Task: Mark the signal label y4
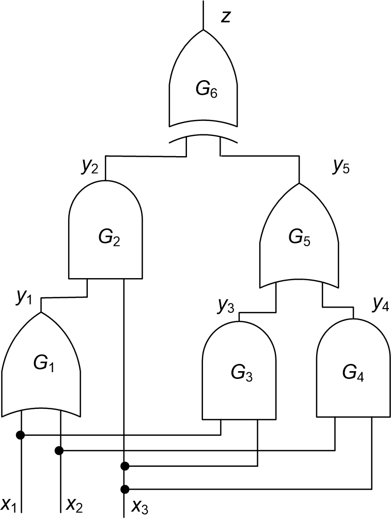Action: click(x=381, y=306)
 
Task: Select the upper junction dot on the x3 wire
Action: click(x=124, y=466)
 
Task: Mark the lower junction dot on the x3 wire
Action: click(x=124, y=489)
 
